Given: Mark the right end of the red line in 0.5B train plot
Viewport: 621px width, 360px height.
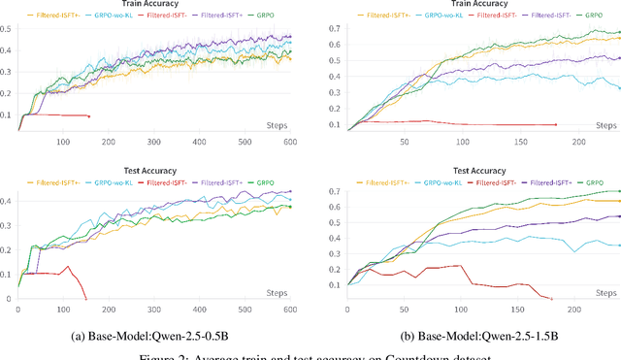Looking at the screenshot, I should [x=89, y=116].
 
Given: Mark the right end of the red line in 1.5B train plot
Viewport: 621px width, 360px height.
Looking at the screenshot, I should [x=555, y=124].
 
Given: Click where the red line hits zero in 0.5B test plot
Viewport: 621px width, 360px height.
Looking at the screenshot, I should [x=85, y=299].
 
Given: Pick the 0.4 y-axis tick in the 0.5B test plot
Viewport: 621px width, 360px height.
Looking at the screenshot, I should [x=8, y=201].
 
